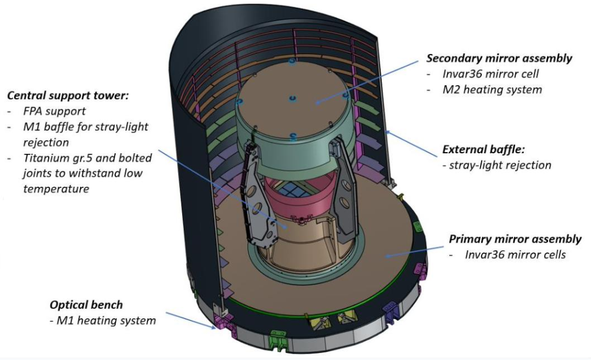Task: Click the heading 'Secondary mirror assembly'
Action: (499, 58)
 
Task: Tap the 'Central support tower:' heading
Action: (66, 95)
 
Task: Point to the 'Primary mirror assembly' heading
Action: (515, 239)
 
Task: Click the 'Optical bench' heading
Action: (86, 305)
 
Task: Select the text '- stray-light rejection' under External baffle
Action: (497, 165)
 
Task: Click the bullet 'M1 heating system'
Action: (106, 321)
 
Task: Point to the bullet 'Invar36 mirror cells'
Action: (515, 255)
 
